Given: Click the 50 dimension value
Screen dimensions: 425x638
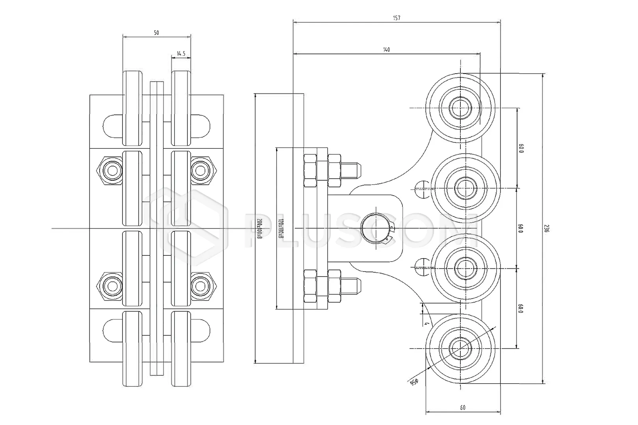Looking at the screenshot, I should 156,33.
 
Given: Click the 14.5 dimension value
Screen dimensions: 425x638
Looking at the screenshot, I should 181,54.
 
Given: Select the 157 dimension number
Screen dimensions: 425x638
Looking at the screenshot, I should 396,18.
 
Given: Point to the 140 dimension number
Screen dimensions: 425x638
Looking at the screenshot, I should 386,50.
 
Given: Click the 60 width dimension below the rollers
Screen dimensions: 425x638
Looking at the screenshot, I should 462,408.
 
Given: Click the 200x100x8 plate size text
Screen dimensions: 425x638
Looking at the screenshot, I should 260,229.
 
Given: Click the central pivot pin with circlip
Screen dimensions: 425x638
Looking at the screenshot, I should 376,229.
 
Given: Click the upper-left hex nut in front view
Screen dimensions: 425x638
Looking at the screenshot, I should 112,170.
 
